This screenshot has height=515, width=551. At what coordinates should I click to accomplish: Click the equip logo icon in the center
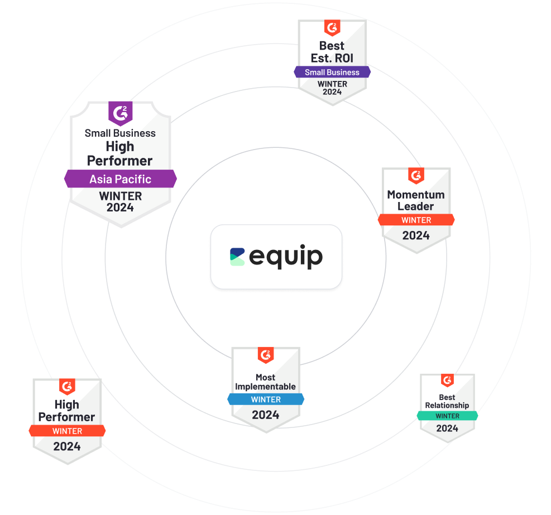(237, 257)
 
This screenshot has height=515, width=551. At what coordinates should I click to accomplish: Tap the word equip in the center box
(285, 257)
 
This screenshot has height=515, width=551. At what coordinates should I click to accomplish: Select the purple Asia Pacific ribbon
(120, 179)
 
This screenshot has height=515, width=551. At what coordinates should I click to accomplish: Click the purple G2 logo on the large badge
(120, 113)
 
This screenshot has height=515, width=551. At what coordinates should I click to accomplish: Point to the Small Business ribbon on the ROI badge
(332, 72)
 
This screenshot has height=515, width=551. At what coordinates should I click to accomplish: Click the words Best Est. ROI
(332, 51)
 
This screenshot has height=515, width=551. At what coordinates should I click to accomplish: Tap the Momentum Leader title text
(416, 200)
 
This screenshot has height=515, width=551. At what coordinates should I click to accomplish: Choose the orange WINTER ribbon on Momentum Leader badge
(416, 220)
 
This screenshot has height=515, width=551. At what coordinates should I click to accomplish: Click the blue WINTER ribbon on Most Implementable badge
(266, 400)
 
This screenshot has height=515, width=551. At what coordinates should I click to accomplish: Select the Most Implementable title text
(266, 382)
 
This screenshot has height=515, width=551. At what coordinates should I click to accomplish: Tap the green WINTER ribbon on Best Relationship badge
(447, 416)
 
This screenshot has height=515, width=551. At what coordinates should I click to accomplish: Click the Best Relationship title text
(447, 402)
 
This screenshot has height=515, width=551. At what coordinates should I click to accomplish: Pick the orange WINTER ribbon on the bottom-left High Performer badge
(67, 431)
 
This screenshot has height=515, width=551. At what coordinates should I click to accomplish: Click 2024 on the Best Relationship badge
(447, 429)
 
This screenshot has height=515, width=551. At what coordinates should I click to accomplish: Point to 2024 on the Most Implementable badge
(266, 415)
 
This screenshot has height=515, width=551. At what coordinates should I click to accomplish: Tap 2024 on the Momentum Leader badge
(416, 235)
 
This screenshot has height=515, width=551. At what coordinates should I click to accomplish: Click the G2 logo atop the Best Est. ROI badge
(332, 27)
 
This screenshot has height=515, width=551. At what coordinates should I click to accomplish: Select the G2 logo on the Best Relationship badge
(447, 381)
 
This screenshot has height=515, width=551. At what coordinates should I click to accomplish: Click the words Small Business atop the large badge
(120, 133)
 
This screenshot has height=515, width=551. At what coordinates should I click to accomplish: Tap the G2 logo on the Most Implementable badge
(266, 355)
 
